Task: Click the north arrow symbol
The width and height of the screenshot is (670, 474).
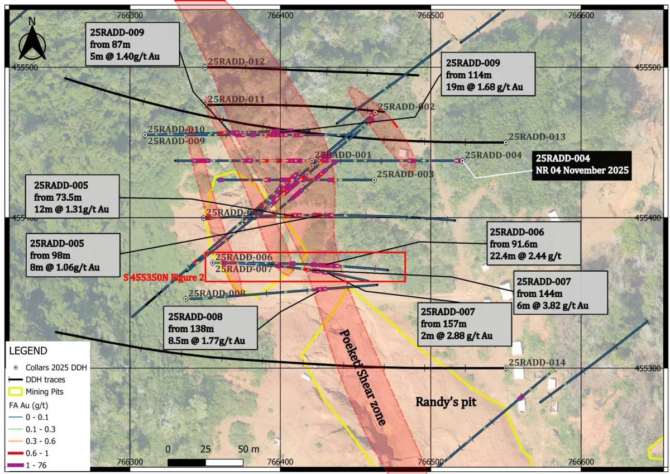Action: click(32, 39)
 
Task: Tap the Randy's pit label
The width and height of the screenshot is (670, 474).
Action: click(446, 402)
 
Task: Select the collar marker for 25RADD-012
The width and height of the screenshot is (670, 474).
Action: click(205, 67)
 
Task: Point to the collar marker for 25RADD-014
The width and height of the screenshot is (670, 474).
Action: click(506, 368)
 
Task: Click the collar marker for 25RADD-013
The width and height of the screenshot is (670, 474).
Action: click(506, 143)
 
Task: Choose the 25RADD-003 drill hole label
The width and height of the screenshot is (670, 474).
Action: click(405, 174)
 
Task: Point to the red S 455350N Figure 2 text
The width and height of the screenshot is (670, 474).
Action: click(162, 274)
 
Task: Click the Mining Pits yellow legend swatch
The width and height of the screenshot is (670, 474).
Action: click(16, 390)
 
